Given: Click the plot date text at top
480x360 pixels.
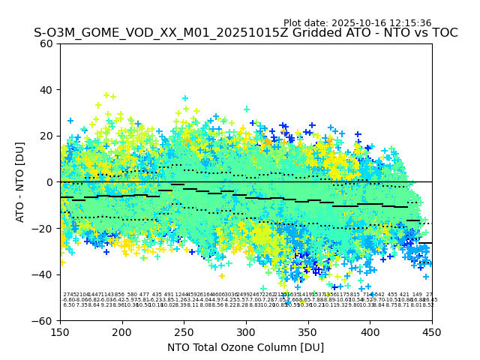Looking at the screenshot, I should click(357, 23).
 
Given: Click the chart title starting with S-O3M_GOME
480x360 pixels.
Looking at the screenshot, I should click(245, 34).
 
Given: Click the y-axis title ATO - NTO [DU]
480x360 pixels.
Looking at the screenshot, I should click(21, 182).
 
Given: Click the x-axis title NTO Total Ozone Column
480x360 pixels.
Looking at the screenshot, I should click(245, 347).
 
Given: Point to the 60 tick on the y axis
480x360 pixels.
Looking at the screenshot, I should click(47, 43).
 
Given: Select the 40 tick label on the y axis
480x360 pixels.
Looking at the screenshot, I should click(47, 90).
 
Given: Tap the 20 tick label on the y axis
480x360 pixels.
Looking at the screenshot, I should click(47, 136).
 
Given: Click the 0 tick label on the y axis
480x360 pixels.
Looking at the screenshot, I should click(50, 182).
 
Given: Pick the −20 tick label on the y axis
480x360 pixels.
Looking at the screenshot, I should click(44, 228).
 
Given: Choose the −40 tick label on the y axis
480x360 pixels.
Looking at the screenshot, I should click(44, 274).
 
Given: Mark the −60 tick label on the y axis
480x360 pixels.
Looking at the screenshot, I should click(44, 321).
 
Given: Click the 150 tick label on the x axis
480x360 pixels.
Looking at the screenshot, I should click(60, 331).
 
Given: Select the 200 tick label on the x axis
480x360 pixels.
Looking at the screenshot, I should click(122, 331).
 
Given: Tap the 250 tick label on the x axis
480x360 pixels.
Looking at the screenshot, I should click(184, 331).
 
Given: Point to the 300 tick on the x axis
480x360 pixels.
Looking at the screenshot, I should click(246, 331).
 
